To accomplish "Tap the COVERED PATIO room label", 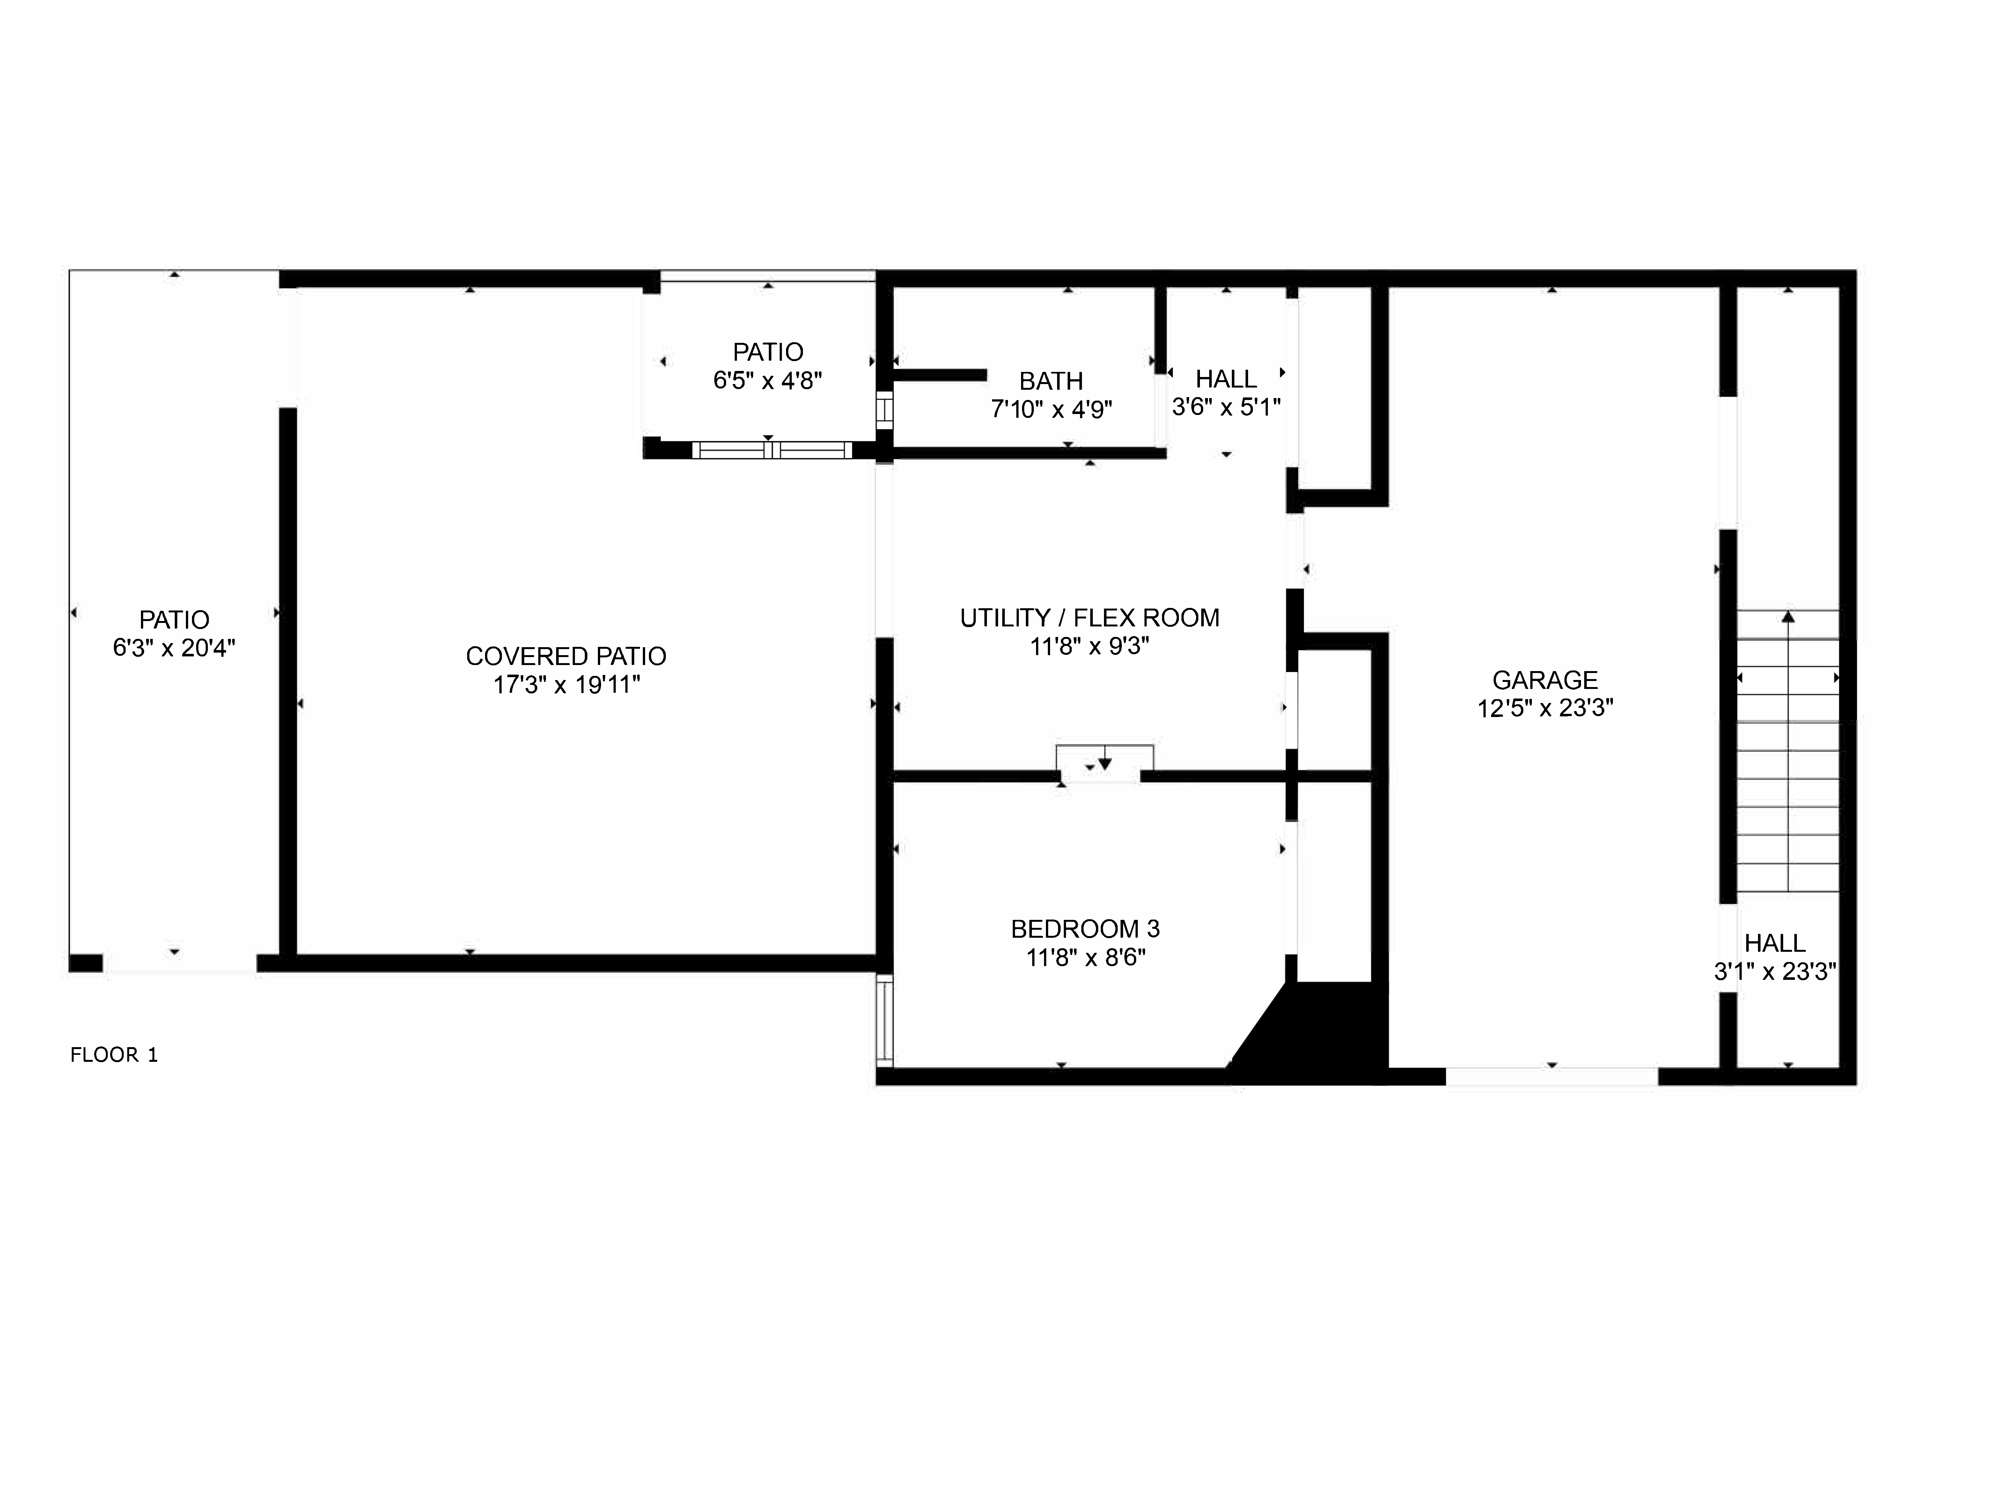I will pyautogui.click(x=566, y=656).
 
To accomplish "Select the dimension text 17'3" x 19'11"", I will pyautogui.click(x=566, y=685).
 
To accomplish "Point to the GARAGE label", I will pyautogui.click(x=1544, y=680).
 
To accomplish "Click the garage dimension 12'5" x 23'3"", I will pyautogui.click(x=1544, y=708).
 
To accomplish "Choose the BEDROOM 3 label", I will pyautogui.click(x=1085, y=929).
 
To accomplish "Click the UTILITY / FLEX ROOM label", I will pyautogui.click(x=1089, y=618).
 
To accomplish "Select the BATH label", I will pyautogui.click(x=1051, y=381).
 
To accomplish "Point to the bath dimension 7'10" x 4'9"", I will pyautogui.click(x=1051, y=410).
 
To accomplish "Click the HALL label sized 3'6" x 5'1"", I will pyautogui.click(x=1225, y=379).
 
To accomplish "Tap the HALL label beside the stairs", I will pyautogui.click(x=1774, y=943).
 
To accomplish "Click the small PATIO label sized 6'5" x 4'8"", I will pyautogui.click(x=768, y=351).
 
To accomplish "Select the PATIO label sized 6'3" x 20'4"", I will pyautogui.click(x=174, y=620).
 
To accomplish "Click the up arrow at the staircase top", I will pyautogui.click(x=1788, y=617).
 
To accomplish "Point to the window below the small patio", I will pyautogui.click(x=771, y=450).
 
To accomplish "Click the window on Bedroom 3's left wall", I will pyautogui.click(x=885, y=1021).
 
